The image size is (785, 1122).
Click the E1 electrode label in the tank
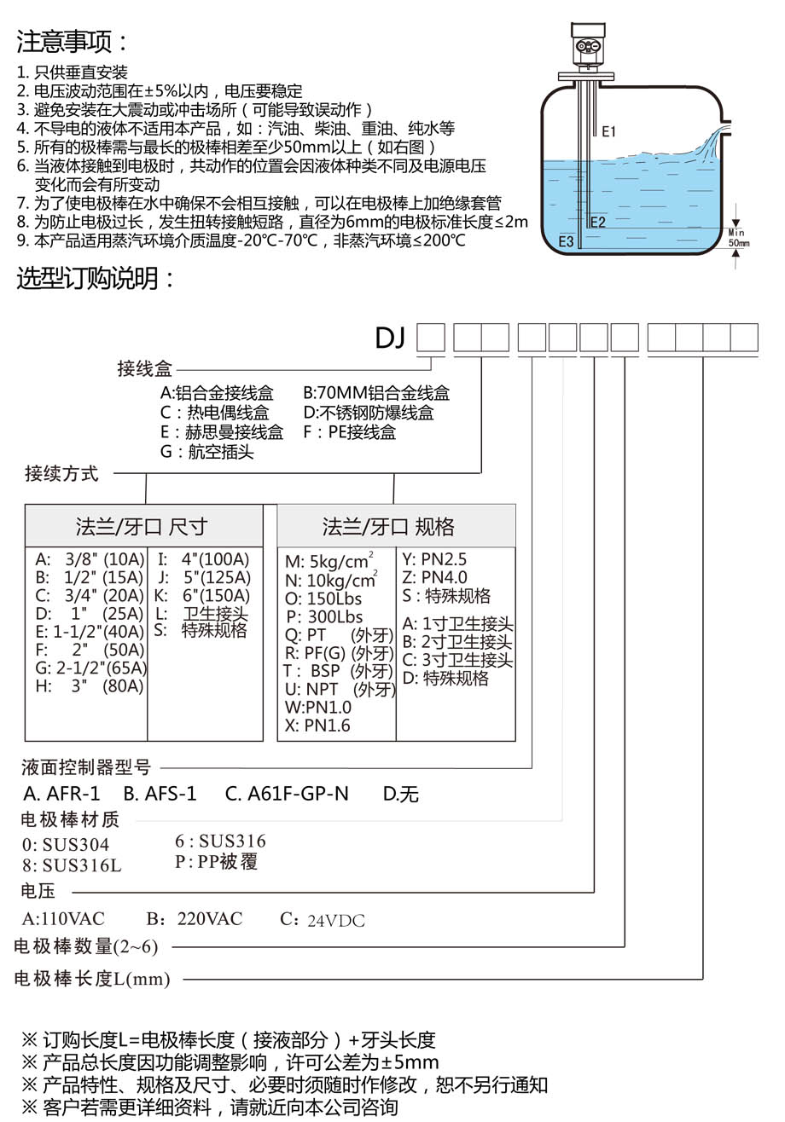tap(608, 132)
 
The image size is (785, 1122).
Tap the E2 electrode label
tap(597, 222)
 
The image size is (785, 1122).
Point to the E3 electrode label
tap(566, 241)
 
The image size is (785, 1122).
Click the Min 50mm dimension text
tap(738, 238)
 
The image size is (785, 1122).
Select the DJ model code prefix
tap(390, 338)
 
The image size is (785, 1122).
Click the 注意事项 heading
tap(72, 42)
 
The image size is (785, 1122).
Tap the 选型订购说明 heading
tap(96, 278)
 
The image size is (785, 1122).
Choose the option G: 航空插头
tap(207, 451)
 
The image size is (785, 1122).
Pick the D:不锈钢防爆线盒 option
tap(369, 413)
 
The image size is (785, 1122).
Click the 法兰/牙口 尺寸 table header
tap(142, 526)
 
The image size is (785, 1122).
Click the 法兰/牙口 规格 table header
tap(388, 526)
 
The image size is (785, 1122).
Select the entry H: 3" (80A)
tap(90, 685)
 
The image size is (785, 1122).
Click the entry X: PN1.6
tap(317, 725)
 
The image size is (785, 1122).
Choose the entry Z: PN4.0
tap(434, 577)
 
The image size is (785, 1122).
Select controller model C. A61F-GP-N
tap(287, 794)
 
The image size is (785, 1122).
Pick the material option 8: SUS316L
tap(72, 865)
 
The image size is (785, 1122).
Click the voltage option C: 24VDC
tap(323, 920)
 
